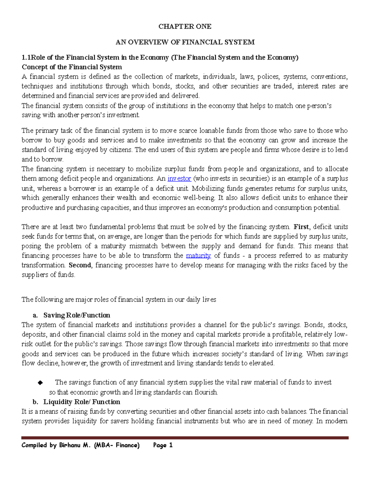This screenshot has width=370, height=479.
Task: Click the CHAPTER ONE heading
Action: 185,27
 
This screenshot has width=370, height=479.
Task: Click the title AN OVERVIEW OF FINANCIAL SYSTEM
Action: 185,42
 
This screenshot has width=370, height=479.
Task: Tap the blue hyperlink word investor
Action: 179,179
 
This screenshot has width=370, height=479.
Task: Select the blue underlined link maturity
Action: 199,255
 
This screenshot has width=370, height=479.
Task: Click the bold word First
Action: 301,227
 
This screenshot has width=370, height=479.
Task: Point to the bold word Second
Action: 80,265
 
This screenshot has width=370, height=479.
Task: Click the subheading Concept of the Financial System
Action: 72,67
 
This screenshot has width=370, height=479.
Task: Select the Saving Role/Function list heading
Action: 76,315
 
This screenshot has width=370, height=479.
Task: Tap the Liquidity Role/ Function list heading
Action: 82,402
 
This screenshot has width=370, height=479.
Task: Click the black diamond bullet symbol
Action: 40,383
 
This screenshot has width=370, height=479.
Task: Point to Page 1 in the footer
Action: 163,445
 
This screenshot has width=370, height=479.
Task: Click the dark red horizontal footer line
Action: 185,437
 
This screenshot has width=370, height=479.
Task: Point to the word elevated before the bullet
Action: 262,363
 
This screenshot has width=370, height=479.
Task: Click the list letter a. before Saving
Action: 35,315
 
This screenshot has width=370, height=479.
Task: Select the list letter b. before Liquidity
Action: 35,402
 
